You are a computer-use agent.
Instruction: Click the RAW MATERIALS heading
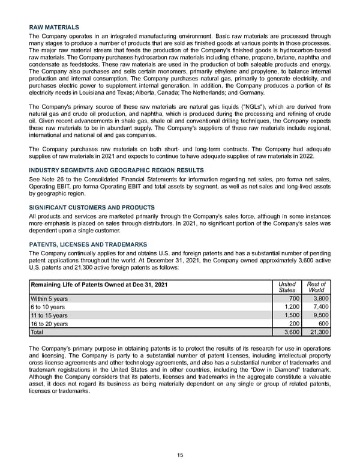(x=53, y=28)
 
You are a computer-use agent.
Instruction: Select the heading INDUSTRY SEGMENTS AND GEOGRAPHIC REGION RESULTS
(x=116, y=171)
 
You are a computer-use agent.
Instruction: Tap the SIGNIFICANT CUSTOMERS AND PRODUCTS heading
(x=92, y=207)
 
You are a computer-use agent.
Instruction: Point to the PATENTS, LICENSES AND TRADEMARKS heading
(x=88, y=244)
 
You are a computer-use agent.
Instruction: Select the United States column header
(x=287, y=286)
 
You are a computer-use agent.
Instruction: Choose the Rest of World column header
(x=316, y=286)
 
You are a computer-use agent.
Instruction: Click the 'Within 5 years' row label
(x=49, y=298)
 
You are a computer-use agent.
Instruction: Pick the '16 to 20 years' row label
(x=49, y=323)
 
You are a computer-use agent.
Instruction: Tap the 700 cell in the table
(x=293, y=298)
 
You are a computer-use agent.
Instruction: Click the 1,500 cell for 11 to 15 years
(x=290, y=315)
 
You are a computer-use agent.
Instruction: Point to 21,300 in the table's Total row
(x=316, y=331)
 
